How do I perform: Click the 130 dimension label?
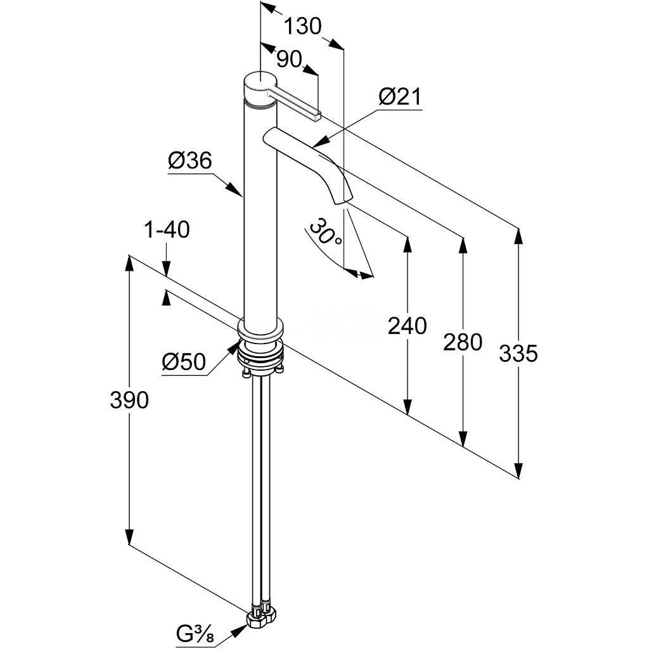point(302,27)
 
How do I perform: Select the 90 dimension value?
point(288,60)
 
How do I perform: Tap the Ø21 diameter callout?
point(400,97)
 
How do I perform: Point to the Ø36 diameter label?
point(190,160)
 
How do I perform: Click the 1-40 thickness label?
point(167,229)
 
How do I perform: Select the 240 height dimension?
point(408,326)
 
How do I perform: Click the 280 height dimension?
point(463,342)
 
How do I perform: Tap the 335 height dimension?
point(518,354)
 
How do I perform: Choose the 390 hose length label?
point(129,401)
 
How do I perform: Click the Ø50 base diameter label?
point(184,362)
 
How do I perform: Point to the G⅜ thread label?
point(195,634)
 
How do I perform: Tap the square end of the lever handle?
point(318,116)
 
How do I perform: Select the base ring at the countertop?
point(260,329)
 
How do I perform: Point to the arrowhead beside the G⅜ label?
point(238,631)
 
